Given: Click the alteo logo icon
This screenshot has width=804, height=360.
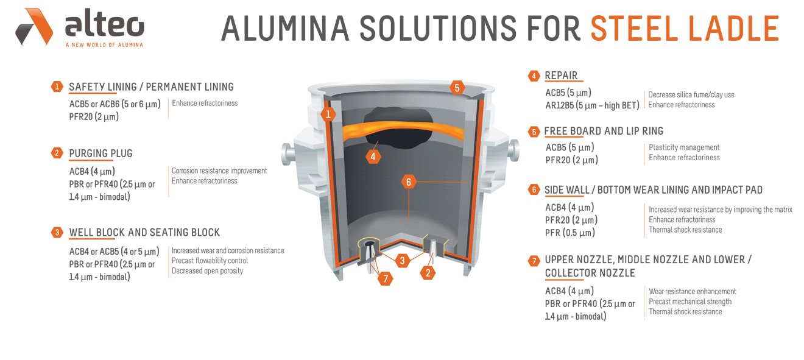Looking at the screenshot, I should (34, 27).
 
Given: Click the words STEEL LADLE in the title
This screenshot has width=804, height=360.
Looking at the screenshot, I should (685, 28).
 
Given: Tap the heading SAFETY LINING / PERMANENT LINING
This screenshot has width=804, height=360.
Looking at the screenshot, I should (151, 87).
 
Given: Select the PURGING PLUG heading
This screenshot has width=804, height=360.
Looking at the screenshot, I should (100, 153).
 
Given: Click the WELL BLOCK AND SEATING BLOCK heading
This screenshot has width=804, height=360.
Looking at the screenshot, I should (144, 232).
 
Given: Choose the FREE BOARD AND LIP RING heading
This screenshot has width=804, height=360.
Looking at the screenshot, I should (604, 131).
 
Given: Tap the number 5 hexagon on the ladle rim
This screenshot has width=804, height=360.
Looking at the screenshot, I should (457, 88).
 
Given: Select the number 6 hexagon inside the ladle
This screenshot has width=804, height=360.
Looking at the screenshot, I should (409, 182).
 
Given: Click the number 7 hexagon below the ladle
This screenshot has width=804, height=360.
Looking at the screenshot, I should (384, 278).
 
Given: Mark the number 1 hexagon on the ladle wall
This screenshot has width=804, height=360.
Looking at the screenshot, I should (328, 114).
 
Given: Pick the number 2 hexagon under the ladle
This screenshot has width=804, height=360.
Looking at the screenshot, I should (428, 273).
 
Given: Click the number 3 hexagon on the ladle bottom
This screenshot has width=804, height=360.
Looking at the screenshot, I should (401, 261).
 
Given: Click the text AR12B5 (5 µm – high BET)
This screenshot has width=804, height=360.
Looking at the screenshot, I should (592, 105).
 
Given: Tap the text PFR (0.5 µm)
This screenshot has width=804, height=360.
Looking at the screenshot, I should (570, 233).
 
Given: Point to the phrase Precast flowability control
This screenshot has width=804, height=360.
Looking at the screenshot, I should (210, 261).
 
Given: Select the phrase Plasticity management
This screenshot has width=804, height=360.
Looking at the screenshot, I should (684, 147).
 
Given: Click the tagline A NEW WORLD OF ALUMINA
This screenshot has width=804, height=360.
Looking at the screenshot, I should (104, 45).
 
